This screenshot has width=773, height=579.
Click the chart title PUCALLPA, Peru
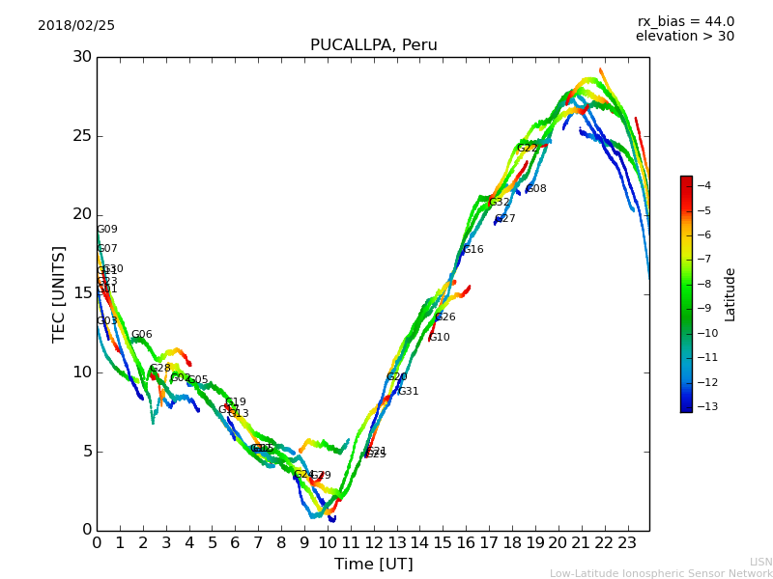point(373,45)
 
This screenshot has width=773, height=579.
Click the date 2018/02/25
point(76,25)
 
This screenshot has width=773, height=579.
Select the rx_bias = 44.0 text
point(685,21)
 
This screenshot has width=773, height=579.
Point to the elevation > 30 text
point(684,37)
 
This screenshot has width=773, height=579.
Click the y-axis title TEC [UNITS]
point(59,293)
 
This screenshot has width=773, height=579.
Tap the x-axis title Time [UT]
point(373,564)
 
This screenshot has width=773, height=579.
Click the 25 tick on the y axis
point(80,136)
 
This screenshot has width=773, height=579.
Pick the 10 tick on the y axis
point(80,372)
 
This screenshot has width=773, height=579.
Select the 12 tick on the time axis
point(374,542)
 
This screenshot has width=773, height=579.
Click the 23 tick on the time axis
point(627,542)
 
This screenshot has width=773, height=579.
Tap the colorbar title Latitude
point(730,293)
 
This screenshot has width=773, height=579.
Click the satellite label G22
point(527,149)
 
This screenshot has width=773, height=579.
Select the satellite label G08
point(536,189)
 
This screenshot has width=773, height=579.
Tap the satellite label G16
point(473,250)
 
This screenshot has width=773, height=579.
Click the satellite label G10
point(440,338)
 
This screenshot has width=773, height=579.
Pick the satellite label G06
point(142,335)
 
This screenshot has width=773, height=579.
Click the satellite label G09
point(107,230)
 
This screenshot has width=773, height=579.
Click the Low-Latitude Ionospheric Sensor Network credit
point(661,573)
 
